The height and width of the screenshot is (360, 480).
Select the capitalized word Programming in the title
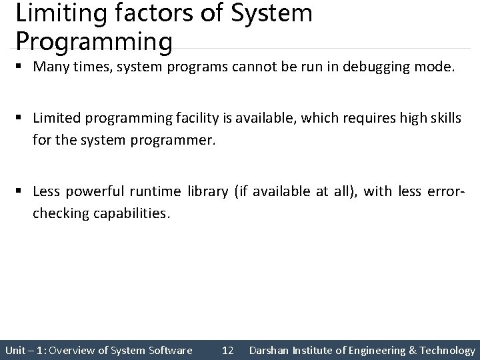94,41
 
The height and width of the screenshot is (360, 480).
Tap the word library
207,191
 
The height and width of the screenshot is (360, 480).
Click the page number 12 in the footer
227,350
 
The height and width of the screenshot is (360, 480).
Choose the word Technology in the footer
447,350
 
